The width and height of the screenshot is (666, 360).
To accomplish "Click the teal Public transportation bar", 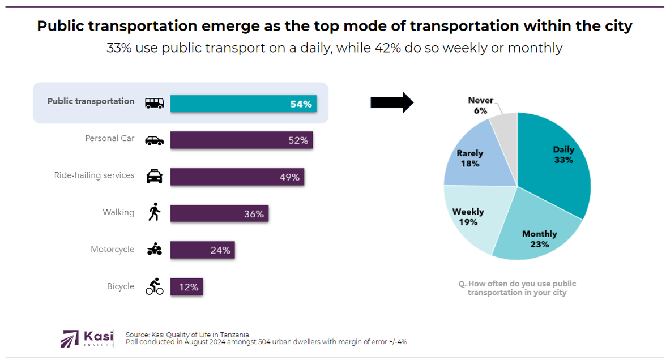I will coord(243,104).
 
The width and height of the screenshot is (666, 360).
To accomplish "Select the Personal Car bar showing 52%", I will coord(241,140).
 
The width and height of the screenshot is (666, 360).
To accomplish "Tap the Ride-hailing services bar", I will coord(237,177).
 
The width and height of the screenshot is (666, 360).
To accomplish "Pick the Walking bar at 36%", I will coord(219,213).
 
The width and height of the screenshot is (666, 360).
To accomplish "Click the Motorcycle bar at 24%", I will coord(202,250).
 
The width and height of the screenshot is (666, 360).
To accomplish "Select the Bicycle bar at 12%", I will coord(186,287).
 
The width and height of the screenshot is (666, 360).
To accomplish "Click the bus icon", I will coord(155,103).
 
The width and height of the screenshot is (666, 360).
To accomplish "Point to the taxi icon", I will coord(155,176).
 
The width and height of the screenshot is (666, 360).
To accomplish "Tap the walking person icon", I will coord(154,212).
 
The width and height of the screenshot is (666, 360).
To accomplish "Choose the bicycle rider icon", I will coord(154,286).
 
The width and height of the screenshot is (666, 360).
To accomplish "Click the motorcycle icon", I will coord(154,249).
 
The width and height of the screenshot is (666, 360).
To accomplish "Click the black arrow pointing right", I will coord(392,102).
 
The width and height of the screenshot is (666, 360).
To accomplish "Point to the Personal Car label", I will coord(110,138).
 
